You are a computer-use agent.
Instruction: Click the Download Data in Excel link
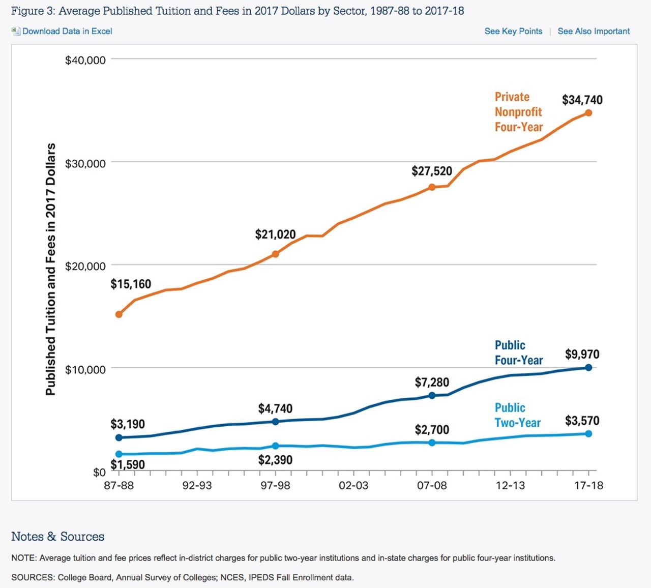(x=67, y=31)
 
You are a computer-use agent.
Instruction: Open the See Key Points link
(x=513, y=31)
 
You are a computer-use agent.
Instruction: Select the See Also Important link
(x=594, y=31)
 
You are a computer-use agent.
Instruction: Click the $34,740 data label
(x=582, y=100)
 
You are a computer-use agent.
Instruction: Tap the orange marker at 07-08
(x=432, y=187)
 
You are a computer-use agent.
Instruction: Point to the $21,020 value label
(x=275, y=234)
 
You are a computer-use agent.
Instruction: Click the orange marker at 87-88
(x=119, y=314)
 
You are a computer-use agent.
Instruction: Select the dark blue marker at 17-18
(x=588, y=367)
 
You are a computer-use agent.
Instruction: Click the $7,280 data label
(x=432, y=382)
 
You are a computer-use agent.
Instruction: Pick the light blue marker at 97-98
(x=276, y=446)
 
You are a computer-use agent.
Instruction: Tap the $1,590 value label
(x=128, y=464)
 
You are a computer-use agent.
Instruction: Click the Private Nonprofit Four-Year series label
(x=518, y=112)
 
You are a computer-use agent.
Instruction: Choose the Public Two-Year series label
(x=517, y=415)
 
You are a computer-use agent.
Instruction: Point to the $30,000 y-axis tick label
(x=85, y=163)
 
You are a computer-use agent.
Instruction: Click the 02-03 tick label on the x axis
(x=353, y=485)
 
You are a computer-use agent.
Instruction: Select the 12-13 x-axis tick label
(x=510, y=485)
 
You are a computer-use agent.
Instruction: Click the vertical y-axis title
(x=50, y=269)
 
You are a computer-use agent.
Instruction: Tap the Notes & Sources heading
(x=57, y=537)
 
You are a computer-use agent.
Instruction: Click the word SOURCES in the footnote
(x=32, y=577)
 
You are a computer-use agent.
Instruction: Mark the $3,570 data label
(x=582, y=421)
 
